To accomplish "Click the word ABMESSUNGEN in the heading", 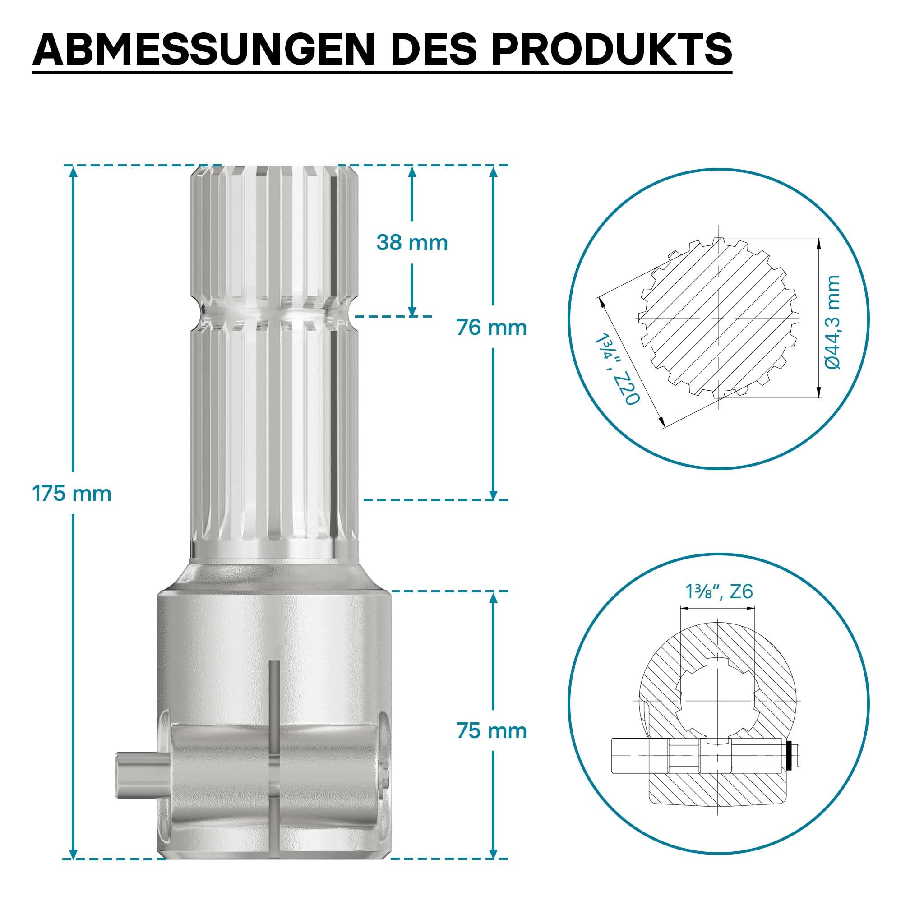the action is tap(203, 49).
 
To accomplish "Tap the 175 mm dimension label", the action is tap(72, 494).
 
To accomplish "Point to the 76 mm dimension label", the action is tap(492, 328).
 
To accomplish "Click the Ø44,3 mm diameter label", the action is tap(833, 322).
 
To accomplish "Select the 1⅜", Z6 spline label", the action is tap(719, 591).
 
